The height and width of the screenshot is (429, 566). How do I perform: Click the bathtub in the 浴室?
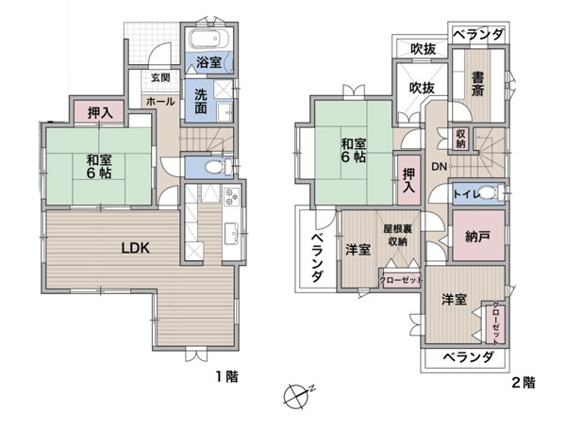coord(209,39)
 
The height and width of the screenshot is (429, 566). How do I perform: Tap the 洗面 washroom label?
coord(201,102)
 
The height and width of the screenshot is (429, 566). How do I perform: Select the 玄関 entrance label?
coord(160,77)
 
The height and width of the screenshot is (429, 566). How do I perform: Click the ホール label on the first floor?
coord(160,102)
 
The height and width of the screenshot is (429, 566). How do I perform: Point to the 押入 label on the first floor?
coord(100,113)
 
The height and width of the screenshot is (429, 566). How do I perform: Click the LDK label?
coord(135,248)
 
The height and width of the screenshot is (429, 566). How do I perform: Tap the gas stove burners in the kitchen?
coord(231,197)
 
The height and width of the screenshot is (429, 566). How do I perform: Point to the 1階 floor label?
coord(227,377)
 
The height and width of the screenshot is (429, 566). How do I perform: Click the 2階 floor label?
coord(524,383)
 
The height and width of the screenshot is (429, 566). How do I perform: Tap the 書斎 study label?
coord(477,85)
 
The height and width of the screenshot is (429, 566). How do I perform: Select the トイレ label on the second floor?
coord(468,194)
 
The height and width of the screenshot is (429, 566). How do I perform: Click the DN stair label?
coord(440,167)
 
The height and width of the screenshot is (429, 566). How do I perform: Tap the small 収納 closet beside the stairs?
coord(461,139)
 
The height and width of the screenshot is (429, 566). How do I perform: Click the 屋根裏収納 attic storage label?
coord(398,236)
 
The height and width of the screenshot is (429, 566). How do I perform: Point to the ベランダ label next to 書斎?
coord(478,35)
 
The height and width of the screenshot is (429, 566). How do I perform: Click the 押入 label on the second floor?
coord(409,180)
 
